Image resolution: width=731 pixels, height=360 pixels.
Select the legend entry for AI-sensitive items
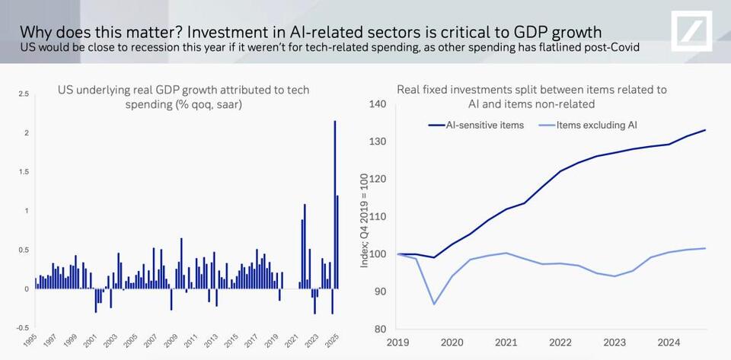click(x=485, y=125)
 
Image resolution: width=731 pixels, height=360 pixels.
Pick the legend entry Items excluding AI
click(x=595, y=125)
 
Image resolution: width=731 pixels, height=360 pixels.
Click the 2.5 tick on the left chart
click(x=25, y=94)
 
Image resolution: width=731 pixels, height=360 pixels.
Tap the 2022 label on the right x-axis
click(x=560, y=342)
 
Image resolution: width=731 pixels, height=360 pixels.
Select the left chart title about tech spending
click(x=183, y=97)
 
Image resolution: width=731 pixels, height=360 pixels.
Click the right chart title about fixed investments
click(x=531, y=97)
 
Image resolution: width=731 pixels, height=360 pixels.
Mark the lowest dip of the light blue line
click(x=434, y=304)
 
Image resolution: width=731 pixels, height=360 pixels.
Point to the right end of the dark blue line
click(x=705, y=130)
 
